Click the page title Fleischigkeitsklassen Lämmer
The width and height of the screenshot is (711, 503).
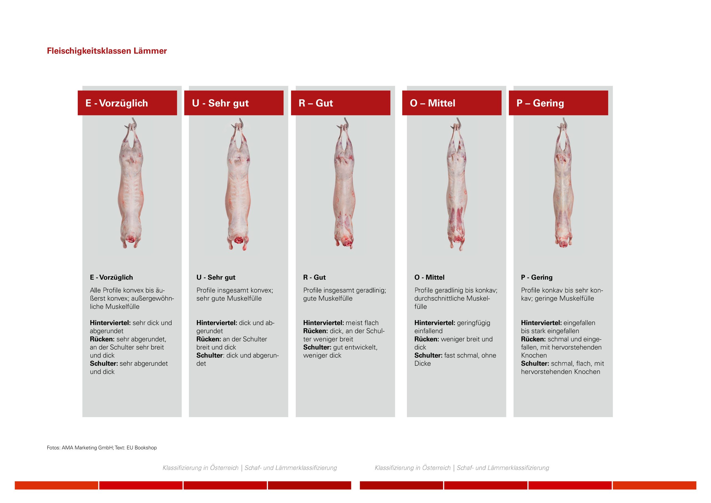click(107, 51)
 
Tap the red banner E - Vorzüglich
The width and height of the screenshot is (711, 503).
click(127, 103)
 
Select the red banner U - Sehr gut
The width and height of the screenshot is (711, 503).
click(234, 103)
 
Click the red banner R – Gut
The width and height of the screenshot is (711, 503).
click(341, 103)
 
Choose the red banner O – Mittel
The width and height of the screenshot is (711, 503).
click(452, 103)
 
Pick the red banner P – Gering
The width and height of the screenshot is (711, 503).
click(558, 103)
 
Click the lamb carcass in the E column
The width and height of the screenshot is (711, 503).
click(131, 186)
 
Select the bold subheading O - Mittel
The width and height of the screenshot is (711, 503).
click(429, 277)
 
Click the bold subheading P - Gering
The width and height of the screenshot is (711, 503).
click(537, 277)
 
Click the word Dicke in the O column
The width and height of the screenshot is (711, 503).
click(422, 363)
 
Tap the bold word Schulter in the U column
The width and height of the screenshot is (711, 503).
click(210, 355)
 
